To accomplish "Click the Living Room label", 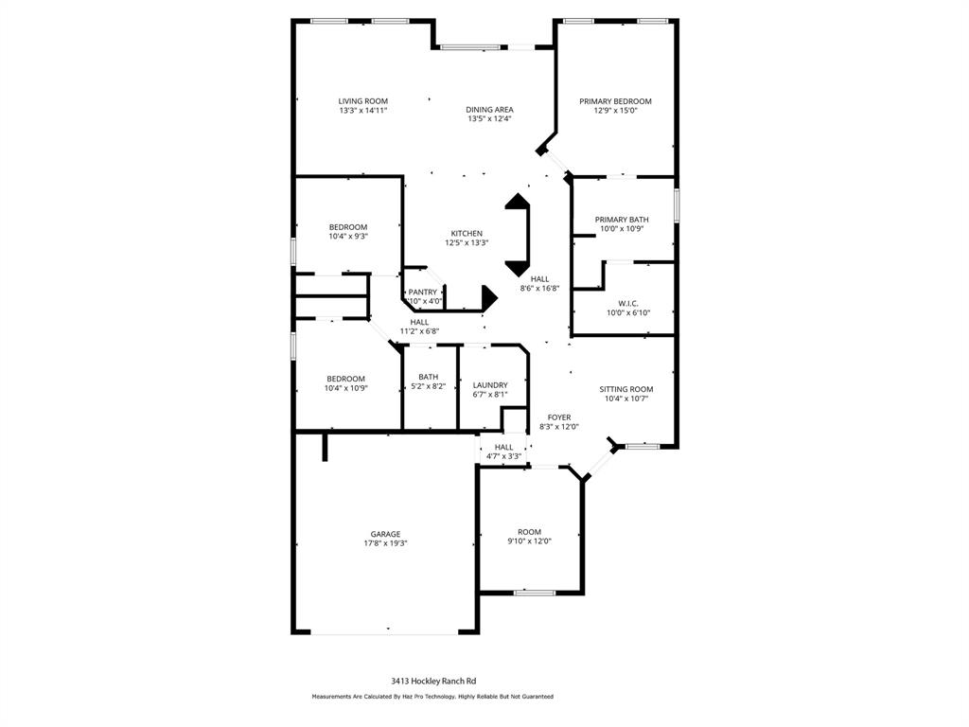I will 363,101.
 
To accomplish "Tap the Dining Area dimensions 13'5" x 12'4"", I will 490,119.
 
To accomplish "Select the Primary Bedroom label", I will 615,101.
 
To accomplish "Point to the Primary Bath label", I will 622,220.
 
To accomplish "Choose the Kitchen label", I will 467,234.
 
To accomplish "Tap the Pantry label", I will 423,293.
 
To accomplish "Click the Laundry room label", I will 490,385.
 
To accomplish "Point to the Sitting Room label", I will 626,389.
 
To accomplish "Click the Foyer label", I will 559,417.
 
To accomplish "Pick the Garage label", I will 385,534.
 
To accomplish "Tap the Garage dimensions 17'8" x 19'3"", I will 385,543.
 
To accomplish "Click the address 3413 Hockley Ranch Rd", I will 433,680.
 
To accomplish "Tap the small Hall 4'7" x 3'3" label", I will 504,452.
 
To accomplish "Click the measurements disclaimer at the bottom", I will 432,697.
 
